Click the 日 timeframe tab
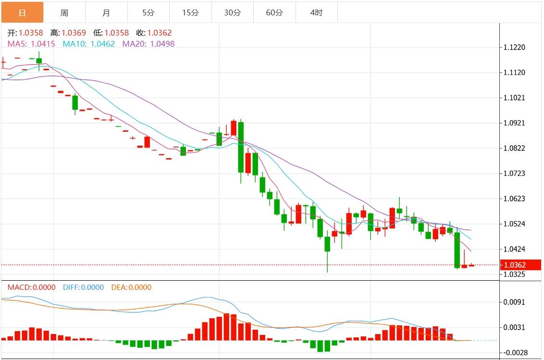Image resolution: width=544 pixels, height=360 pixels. point(22,13)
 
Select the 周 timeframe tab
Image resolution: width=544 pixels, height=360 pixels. point(64,13)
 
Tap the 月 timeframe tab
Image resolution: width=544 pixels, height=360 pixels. point(106,13)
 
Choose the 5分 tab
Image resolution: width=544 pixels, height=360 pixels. point(148,13)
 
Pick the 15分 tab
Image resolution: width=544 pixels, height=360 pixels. point(190,13)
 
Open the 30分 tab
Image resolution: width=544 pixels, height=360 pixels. point(233,13)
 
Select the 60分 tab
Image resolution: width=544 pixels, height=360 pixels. point(274,13)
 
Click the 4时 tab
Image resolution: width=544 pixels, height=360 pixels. point(317,13)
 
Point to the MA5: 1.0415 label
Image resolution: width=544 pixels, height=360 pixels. point(31,44)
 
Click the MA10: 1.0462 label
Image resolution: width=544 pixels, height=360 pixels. point(89,44)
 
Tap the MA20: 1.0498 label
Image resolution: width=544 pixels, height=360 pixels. point(148,44)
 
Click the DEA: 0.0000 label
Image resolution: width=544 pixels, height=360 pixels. point(131,287)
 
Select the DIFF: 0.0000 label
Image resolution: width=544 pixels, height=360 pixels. point(83,287)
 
